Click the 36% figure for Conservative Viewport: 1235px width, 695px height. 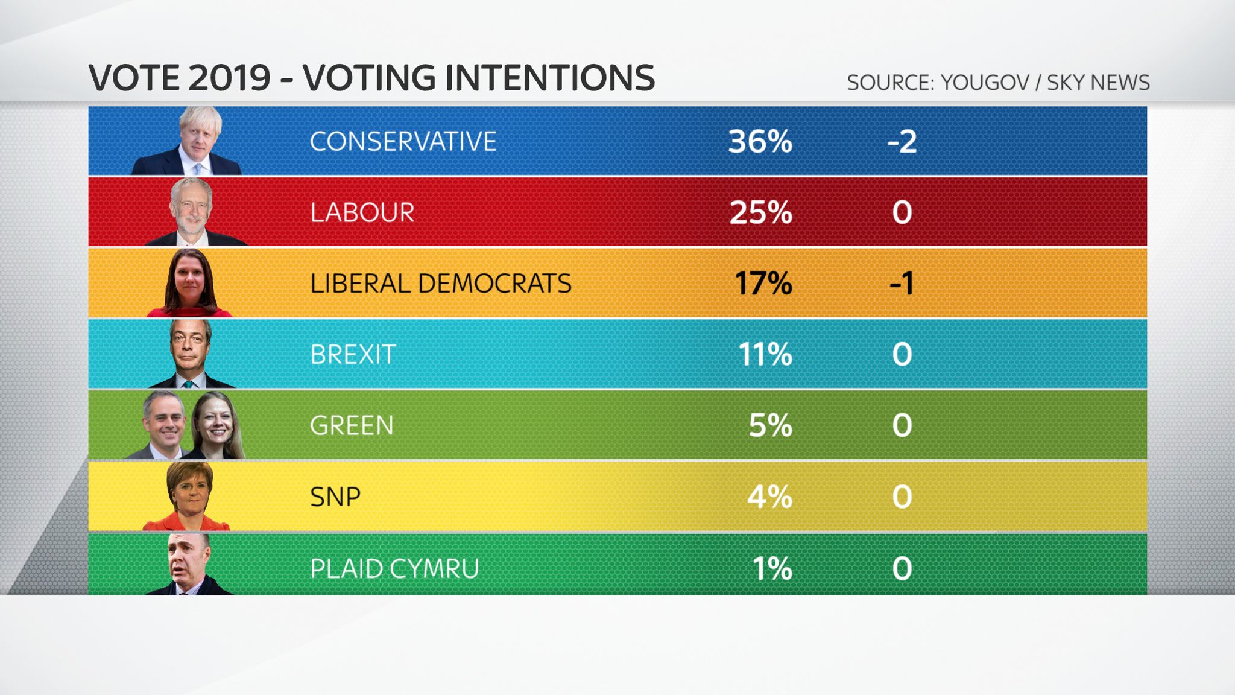click(760, 142)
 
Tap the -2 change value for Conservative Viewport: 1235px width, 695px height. click(902, 142)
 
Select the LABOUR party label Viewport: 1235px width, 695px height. click(362, 212)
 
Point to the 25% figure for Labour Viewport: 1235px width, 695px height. click(760, 212)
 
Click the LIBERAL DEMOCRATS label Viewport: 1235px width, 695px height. click(440, 284)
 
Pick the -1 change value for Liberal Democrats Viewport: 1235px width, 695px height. click(902, 284)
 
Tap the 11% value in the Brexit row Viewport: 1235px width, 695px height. click(765, 354)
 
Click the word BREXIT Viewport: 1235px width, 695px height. click(353, 354)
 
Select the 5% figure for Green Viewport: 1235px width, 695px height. click(770, 425)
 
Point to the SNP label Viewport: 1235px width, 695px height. click(335, 497)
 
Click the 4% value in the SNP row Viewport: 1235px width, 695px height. click(769, 497)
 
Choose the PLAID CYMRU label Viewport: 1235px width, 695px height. click(394, 568)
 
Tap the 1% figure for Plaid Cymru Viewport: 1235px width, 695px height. click(772, 568)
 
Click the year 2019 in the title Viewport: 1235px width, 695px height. click(229, 78)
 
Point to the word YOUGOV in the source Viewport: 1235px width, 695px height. click(985, 83)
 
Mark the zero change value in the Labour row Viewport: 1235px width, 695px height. click(902, 212)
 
